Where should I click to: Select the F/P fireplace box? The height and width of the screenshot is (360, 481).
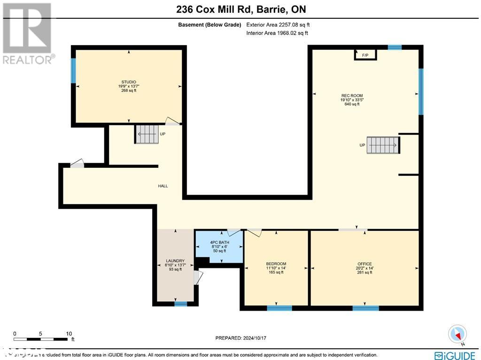[x=365, y=55]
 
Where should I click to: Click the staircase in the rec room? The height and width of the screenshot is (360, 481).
[x=382, y=145]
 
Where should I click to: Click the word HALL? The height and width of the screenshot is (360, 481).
[x=163, y=186]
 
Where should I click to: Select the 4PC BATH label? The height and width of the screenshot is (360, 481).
[x=219, y=243]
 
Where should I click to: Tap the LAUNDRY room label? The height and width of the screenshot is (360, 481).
[x=175, y=261]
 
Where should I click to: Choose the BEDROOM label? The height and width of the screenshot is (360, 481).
[x=276, y=264]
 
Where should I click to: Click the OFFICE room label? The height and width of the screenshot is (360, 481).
[x=365, y=264]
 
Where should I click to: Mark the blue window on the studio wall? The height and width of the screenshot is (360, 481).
[x=73, y=70]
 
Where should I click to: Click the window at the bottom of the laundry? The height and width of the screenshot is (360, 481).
[x=180, y=304]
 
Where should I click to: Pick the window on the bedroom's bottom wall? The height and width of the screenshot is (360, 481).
[x=279, y=308]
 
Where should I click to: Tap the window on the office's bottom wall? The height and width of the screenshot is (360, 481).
[x=365, y=308]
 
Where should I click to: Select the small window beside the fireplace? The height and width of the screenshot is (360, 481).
[x=395, y=47]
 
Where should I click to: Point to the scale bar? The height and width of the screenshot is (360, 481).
[x=41, y=339]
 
